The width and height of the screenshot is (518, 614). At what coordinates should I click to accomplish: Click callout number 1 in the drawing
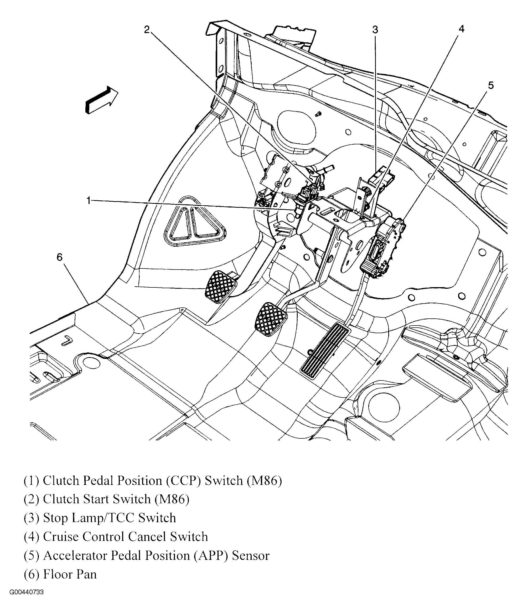pyautogui.click(x=88, y=200)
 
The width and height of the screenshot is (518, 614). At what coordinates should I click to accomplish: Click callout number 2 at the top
pyautogui.click(x=147, y=29)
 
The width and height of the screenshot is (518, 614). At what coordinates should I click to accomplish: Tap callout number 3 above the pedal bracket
pyautogui.click(x=375, y=30)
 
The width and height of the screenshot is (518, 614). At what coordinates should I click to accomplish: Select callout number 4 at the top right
pyautogui.click(x=461, y=29)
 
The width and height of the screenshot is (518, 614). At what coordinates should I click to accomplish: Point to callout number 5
pyautogui.click(x=491, y=85)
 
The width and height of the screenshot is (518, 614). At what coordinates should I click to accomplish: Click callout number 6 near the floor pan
pyautogui.click(x=60, y=257)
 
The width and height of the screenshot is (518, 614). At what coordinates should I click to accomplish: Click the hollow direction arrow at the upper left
pyautogui.click(x=102, y=100)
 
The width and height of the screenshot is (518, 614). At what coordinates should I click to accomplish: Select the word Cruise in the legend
pyautogui.click(x=63, y=536)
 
